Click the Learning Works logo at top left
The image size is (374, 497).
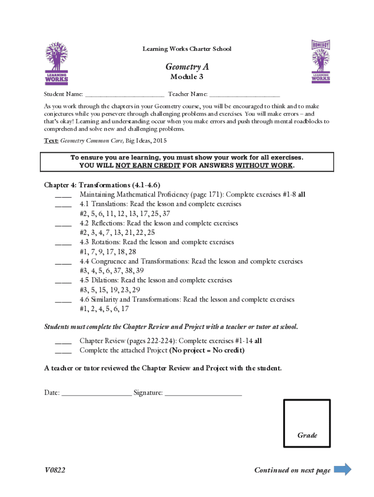coord(56,63)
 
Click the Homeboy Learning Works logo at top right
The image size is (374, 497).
coord(321,61)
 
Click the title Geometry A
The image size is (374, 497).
coord(187,66)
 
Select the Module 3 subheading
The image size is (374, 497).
coord(187,77)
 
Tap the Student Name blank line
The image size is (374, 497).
coord(124,94)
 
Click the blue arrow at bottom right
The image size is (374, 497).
coord(343,469)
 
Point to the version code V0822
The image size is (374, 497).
coord(54,470)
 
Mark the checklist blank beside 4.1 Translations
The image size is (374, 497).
coord(63,204)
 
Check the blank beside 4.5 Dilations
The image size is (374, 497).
coord(63,281)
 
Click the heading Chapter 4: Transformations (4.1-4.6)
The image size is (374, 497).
coord(102,185)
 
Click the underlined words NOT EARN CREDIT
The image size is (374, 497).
coord(148,166)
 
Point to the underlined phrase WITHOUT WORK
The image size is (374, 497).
coord(264,166)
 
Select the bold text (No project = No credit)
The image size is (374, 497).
coord(206,350)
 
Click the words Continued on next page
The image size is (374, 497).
coord(292,470)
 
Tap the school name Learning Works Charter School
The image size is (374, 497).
coord(187,49)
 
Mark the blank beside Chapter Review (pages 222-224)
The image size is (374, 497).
coord(63,341)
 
